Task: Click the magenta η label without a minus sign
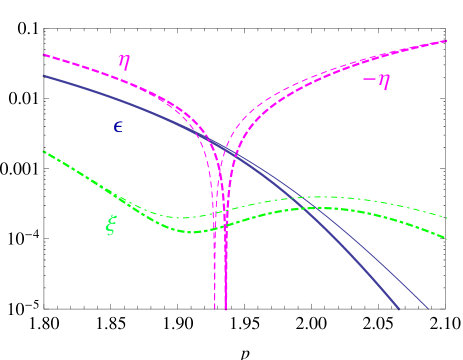click(124, 62)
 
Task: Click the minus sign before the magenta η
click(367, 79)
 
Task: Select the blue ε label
click(118, 127)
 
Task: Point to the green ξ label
click(111, 225)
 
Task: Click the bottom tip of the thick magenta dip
click(225, 309)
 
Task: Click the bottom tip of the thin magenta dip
click(214, 309)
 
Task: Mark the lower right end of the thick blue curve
click(399, 308)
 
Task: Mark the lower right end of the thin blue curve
click(428, 308)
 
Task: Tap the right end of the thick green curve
click(446, 236)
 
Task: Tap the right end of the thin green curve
click(446, 216)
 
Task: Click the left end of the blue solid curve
click(43, 76)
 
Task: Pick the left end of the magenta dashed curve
click(43, 55)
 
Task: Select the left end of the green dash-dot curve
click(43, 152)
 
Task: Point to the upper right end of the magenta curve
click(446, 41)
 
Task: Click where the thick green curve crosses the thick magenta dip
click(225, 225)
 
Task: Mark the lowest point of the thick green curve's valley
click(196, 232)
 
